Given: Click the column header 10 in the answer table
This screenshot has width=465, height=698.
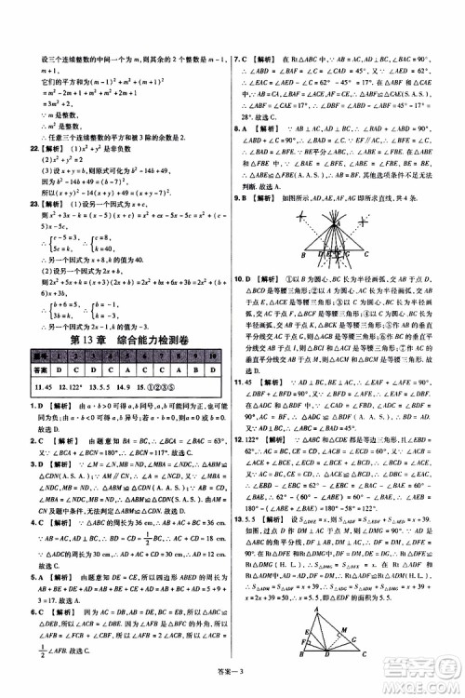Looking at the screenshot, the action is click(x=216, y=357).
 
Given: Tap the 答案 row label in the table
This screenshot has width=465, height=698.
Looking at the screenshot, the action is click(x=39, y=369).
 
